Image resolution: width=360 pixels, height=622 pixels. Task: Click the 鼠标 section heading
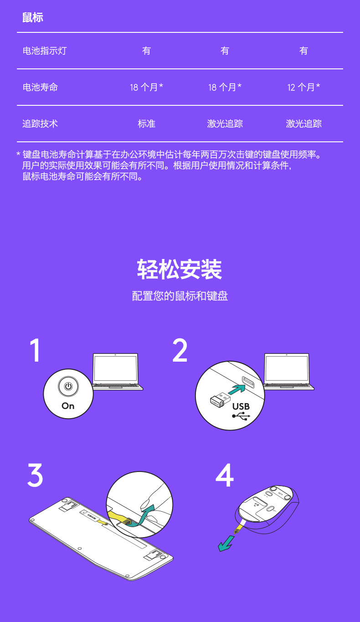(x=33, y=17)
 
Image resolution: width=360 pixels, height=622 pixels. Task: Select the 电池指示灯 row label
(x=45, y=51)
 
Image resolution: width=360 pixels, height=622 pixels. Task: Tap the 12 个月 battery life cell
(x=303, y=87)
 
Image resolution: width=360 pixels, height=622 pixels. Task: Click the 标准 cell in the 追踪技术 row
(x=147, y=124)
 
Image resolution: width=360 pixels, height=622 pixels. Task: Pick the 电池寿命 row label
(x=40, y=87)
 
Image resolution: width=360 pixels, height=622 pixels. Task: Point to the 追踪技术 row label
(x=40, y=124)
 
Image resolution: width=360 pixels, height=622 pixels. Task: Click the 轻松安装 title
(x=180, y=270)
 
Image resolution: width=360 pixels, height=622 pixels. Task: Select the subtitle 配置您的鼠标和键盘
(x=180, y=296)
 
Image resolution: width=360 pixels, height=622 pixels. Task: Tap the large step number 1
(x=35, y=350)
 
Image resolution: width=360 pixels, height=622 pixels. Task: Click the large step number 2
(x=180, y=350)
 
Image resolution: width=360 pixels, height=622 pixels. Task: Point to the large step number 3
(x=35, y=475)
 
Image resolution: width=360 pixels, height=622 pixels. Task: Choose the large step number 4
(x=225, y=475)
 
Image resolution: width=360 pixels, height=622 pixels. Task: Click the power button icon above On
(x=68, y=386)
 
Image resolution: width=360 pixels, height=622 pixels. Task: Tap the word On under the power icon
(x=68, y=406)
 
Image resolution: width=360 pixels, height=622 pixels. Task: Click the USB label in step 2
(x=241, y=406)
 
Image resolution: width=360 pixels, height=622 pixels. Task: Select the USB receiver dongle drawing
(x=221, y=399)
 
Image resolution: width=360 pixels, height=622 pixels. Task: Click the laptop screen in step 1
(x=115, y=368)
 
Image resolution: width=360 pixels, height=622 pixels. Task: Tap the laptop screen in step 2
(x=287, y=368)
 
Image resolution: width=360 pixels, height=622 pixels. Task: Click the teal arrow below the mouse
(x=226, y=544)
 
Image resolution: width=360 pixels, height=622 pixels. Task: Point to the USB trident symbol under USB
(x=241, y=416)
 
